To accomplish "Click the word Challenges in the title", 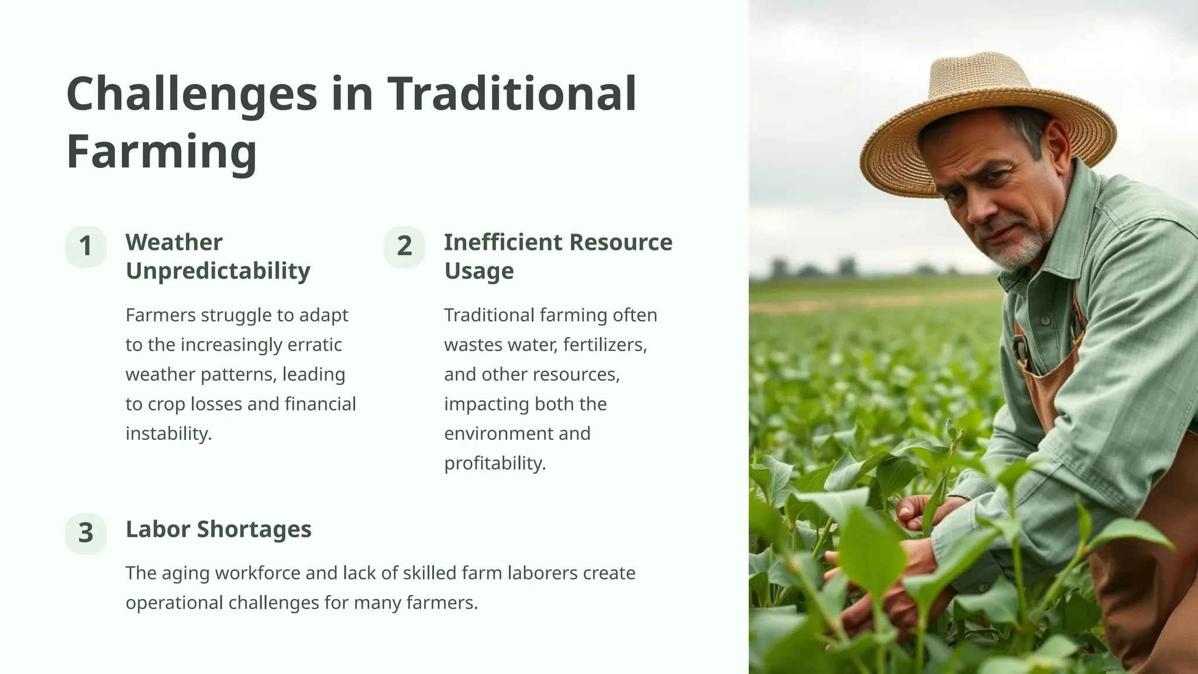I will (x=191, y=95).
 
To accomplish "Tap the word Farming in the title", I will (x=161, y=152).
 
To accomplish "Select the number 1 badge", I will (x=86, y=246).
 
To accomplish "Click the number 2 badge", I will (x=404, y=246).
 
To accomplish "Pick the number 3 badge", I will (x=86, y=533).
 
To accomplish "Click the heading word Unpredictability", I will (x=218, y=271).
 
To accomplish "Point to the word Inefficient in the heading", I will (x=503, y=242).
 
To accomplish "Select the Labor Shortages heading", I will (x=218, y=529).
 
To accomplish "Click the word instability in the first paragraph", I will (x=168, y=434).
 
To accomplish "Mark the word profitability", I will (x=495, y=463).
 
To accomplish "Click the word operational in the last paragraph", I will (x=174, y=603).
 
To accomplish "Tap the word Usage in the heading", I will (x=478, y=271).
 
